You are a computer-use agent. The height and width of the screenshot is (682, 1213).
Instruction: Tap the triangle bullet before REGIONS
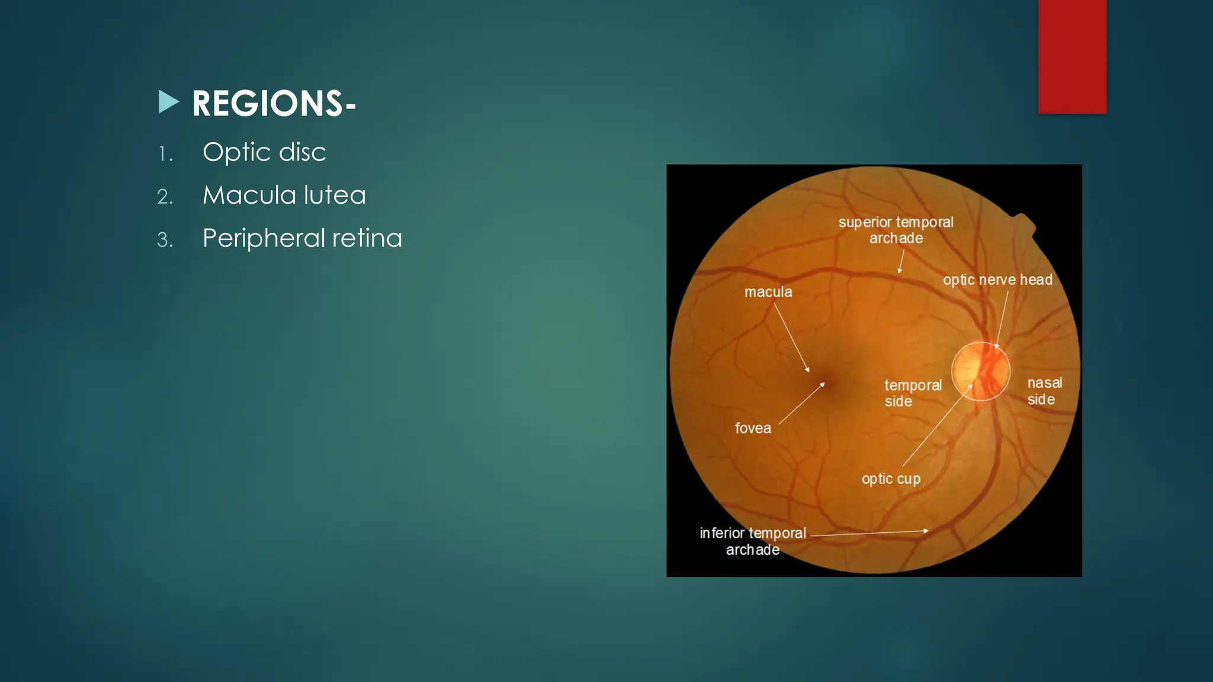tap(168, 102)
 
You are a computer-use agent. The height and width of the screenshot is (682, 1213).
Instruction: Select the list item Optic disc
tap(264, 152)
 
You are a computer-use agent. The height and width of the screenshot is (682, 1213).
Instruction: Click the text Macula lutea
tap(284, 195)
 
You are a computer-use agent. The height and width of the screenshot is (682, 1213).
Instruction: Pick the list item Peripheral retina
tap(302, 239)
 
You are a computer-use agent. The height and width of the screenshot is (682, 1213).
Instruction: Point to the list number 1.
tap(165, 155)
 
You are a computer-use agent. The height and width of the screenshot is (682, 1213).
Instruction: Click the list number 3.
tap(165, 240)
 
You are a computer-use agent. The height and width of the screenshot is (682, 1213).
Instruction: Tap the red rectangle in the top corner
tap(1072, 56)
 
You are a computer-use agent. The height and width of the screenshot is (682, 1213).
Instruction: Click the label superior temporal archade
tap(896, 230)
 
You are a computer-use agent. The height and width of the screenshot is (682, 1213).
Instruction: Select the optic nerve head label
tap(997, 280)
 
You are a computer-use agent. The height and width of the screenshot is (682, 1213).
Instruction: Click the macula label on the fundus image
tap(768, 292)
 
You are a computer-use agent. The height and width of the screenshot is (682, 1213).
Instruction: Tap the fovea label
tap(753, 428)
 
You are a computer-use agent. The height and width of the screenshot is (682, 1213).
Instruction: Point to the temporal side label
tap(912, 393)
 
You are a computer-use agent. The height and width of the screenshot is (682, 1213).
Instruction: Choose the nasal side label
tap(1044, 391)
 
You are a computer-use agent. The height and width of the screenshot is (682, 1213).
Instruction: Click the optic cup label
tap(891, 479)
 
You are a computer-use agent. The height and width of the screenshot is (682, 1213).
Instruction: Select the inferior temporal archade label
tap(753, 541)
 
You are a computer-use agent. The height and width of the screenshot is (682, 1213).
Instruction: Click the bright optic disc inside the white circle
tap(977, 372)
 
